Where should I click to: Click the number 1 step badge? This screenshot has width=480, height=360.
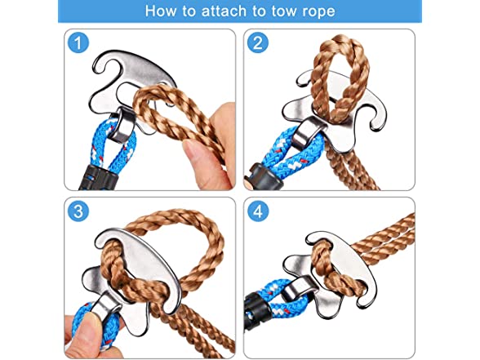pyautogui.click(x=78, y=42)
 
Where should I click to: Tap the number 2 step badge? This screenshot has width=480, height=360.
pyautogui.click(x=258, y=42)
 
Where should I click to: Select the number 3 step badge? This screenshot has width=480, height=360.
pyautogui.click(x=78, y=211)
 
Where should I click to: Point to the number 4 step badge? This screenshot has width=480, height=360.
pyautogui.click(x=258, y=211)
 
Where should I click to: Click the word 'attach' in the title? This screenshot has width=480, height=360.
pyautogui.click(x=224, y=11)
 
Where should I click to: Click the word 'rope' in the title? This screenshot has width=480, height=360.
pyautogui.click(x=318, y=12)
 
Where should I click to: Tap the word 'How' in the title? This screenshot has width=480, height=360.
pyautogui.click(x=160, y=11)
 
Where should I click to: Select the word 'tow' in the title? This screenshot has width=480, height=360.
pyautogui.click(x=284, y=11)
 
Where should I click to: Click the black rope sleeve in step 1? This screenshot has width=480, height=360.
pyautogui.click(x=98, y=178)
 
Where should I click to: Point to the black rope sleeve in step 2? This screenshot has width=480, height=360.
pyautogui.click(x=264, y=176)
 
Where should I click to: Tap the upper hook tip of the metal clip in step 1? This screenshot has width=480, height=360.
pyautogui.click(x=97, y=68)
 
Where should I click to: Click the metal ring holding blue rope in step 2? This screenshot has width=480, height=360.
pyautogui.click(x=307, y=132)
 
